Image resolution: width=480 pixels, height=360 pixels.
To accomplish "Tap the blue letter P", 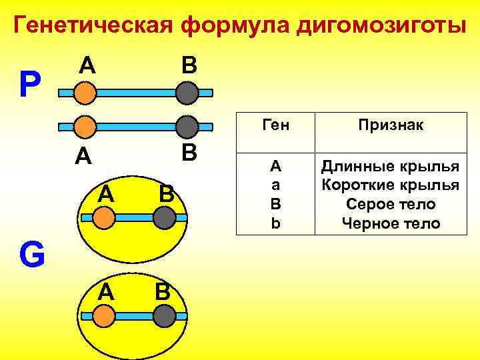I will [x=29, y=85].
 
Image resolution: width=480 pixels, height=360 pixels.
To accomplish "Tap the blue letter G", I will [x=31, y=255].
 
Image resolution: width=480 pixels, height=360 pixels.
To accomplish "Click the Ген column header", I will [x=275, y=125].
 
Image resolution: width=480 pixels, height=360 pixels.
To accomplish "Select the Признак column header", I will [x=391, y=125].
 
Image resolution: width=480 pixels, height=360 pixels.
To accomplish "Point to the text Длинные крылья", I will [x=391, y=165].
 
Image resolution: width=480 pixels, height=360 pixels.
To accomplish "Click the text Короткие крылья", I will [x=391, y=185].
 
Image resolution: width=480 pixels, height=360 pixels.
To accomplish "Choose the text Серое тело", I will [x=391, y=204].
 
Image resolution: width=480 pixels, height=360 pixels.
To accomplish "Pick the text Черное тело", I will [x=391, y=223].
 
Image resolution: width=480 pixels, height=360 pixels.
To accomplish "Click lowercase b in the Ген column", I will [x=275, y=223].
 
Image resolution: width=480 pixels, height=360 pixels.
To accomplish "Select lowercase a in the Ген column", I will [x=275, y=185].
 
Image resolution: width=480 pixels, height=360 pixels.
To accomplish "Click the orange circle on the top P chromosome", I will [x=85, y=93].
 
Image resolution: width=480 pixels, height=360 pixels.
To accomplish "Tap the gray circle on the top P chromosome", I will [x=189, y=93].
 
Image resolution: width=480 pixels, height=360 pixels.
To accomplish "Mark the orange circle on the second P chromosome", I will [x=85, y=126].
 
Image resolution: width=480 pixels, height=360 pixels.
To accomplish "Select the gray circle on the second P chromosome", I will [x=189, y=126].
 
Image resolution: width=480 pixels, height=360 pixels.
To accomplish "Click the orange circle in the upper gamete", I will [x=103, y=217].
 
